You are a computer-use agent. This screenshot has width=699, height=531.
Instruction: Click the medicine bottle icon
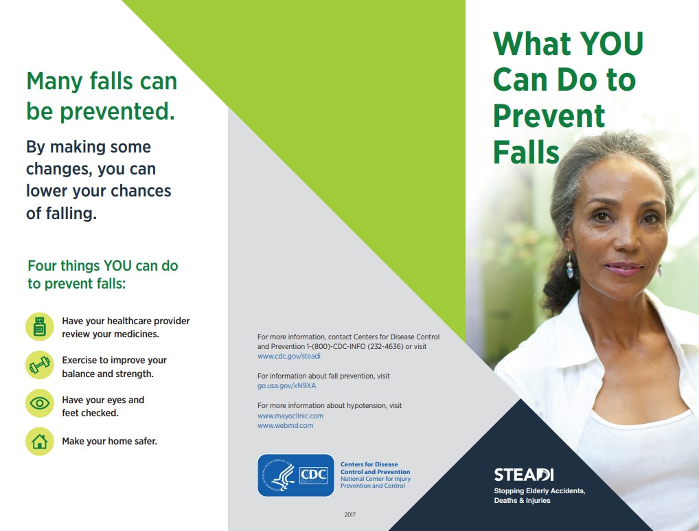coord(40,327)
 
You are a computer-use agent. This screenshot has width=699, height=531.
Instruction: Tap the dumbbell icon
coord(40,365)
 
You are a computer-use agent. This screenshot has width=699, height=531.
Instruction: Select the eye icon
coord(40,403)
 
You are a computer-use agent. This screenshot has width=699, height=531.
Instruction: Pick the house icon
coord(40,441)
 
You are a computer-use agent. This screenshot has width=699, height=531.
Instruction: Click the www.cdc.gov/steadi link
coord(289,357)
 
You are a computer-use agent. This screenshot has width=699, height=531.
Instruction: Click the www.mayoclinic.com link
coord(290,416)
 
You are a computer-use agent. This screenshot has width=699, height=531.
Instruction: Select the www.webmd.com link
coord(285,426)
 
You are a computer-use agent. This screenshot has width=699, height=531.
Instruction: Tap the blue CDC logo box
coord(295,475)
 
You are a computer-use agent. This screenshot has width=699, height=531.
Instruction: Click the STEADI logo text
coord(524,475)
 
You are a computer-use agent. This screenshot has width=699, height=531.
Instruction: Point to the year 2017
coord(350,515)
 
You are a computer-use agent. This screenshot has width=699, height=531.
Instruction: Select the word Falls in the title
coord(527,151)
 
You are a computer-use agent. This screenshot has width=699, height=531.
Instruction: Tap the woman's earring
coord(570,267)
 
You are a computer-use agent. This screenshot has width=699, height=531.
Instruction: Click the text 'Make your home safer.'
coord(109,441)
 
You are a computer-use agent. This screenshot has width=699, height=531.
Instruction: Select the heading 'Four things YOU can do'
coord(103,266)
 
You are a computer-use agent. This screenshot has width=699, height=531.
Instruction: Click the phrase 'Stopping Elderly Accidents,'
coord(540,491)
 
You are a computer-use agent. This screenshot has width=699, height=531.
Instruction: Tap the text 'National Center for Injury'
coord(376,479)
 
